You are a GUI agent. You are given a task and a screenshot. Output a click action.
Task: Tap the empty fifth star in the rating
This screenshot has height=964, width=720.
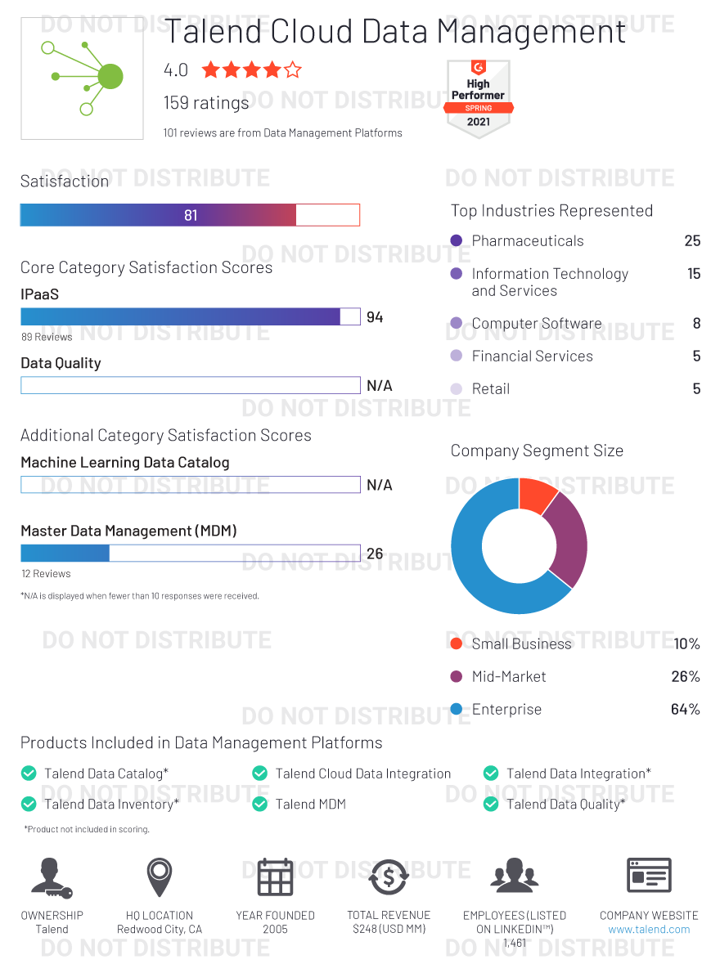[292, 70]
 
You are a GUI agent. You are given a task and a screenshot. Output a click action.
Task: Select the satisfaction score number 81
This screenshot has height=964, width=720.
[191, 216]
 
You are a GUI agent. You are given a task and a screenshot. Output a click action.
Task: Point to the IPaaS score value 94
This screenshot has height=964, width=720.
[375, 317]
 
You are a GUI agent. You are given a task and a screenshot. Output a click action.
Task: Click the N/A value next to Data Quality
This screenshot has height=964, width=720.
[380, 386]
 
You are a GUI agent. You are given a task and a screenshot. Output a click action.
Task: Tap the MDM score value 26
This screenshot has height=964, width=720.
[375, 554]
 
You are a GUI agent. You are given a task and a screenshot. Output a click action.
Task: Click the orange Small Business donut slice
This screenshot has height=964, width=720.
[538, 495]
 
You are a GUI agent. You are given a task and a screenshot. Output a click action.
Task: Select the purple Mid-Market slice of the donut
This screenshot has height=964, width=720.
[568, 540]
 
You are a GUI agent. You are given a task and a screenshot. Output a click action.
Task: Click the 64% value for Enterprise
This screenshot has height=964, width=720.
[685, 710]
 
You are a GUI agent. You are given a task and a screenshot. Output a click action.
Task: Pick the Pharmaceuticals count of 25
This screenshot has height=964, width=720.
[692, 241]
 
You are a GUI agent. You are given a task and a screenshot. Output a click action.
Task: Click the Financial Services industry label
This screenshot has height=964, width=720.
[532, 356]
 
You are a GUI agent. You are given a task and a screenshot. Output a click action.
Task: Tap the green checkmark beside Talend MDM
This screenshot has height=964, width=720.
[260, 805]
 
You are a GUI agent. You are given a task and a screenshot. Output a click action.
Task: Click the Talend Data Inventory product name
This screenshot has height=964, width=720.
[110, 805]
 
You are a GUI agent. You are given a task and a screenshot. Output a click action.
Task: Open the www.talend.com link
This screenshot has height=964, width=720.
[649, 930]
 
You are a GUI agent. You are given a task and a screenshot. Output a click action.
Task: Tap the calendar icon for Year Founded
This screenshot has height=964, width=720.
[275, 877]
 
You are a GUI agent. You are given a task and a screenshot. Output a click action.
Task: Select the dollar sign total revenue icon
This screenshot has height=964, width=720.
[389, 877]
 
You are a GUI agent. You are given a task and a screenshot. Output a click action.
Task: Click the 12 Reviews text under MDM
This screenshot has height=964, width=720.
[46, 574]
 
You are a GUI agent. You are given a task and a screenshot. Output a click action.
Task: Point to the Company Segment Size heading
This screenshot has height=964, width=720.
[537, 451]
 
